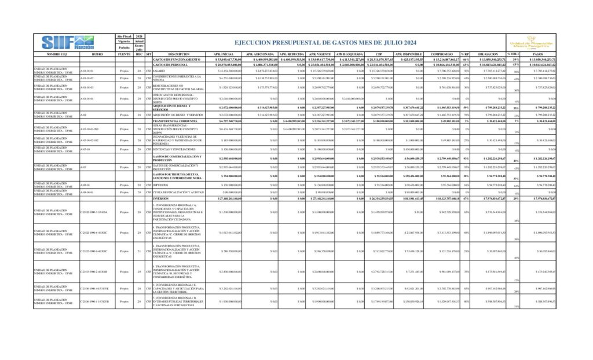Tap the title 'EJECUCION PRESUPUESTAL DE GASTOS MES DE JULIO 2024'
tap(325, 43)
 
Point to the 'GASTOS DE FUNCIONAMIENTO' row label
tap(177, 59)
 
